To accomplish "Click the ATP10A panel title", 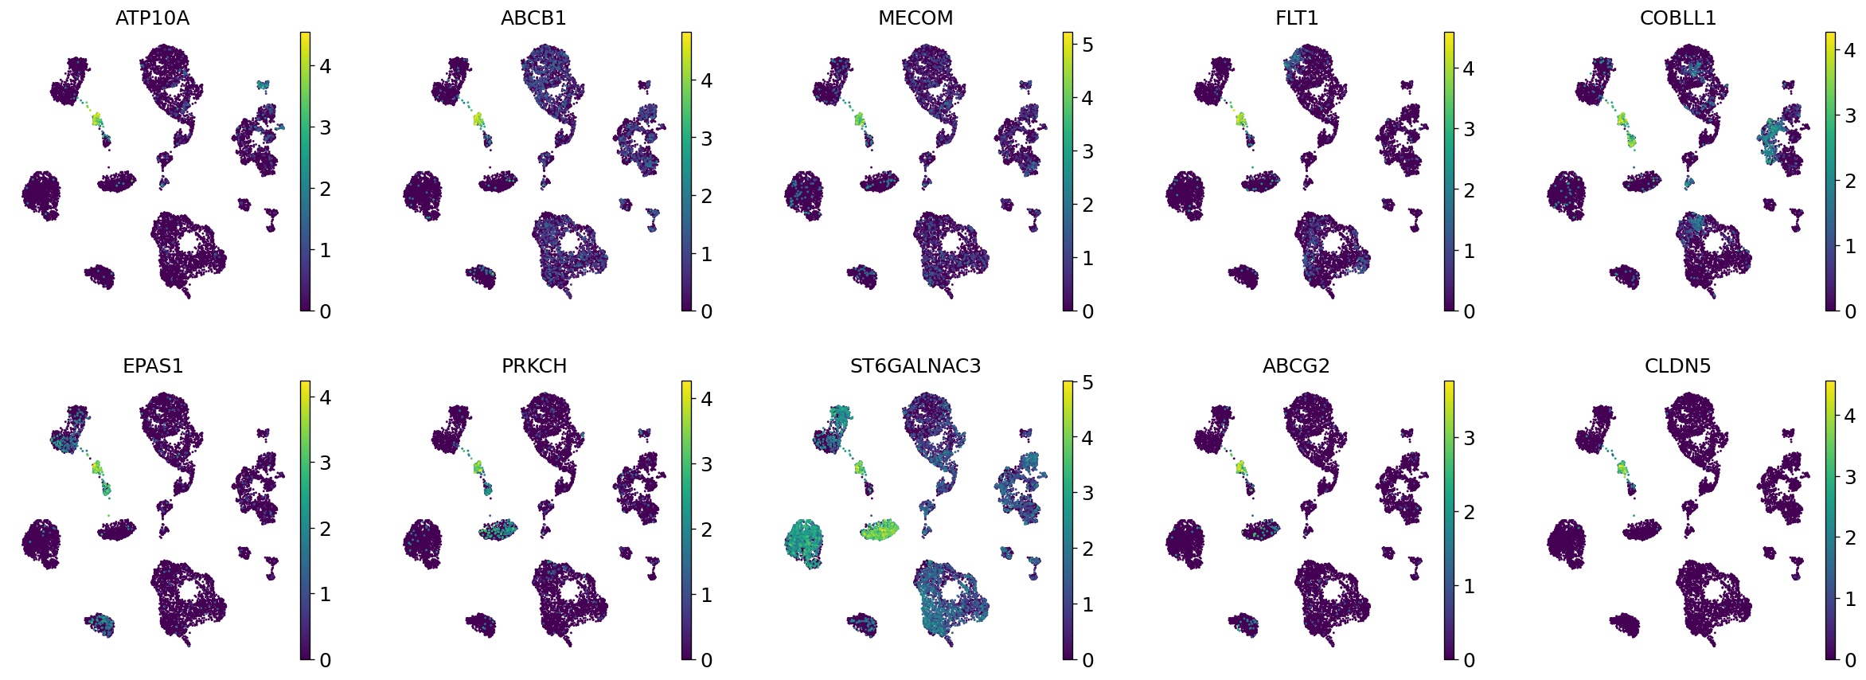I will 152,18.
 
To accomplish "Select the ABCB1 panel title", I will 533,18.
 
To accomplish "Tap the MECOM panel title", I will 915,18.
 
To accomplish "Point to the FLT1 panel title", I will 1297,18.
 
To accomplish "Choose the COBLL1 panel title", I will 1678,18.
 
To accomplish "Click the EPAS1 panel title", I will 153,365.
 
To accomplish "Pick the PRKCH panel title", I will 534,365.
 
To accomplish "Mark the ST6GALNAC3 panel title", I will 915,365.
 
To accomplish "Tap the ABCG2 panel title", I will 1296,365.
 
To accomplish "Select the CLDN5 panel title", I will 1677,365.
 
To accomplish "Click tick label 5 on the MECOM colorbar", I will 1088,45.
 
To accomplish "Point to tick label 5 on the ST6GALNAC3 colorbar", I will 1088,383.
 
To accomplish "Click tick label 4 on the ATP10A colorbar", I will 325,66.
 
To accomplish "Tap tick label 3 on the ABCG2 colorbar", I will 1470,438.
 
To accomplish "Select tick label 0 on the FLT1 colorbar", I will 1470,311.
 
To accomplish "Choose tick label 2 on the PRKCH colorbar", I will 706,530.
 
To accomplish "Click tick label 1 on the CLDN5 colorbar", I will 1851,599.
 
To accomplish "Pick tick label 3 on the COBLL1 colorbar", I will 1851,115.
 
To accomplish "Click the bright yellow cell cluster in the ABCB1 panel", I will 478,119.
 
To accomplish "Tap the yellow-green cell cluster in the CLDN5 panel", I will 1622,467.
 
